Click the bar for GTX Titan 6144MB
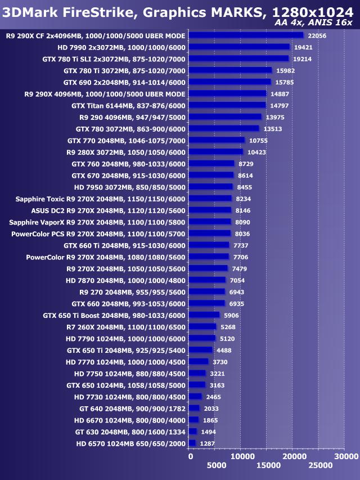pos(227,105)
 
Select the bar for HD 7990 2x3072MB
pos(239,47)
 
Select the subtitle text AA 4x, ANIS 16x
pos(313,23)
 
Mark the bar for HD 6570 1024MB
pos(192,443)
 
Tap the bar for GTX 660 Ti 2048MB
pos(209,245)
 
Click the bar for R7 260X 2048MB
pos(202,327)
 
